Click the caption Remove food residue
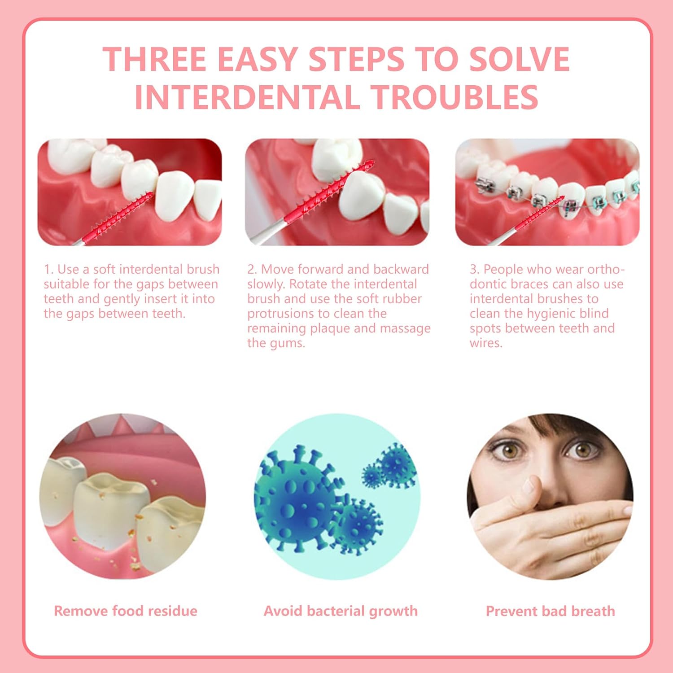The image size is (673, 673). (126, 611)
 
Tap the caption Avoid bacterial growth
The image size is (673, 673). (341, 611)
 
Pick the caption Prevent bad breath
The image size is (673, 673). (551, 611)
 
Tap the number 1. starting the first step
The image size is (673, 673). (48, 269)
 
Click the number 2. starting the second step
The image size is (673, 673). (252, 269)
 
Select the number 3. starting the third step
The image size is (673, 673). (475, 269)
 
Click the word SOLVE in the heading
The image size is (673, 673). (519, 59)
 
